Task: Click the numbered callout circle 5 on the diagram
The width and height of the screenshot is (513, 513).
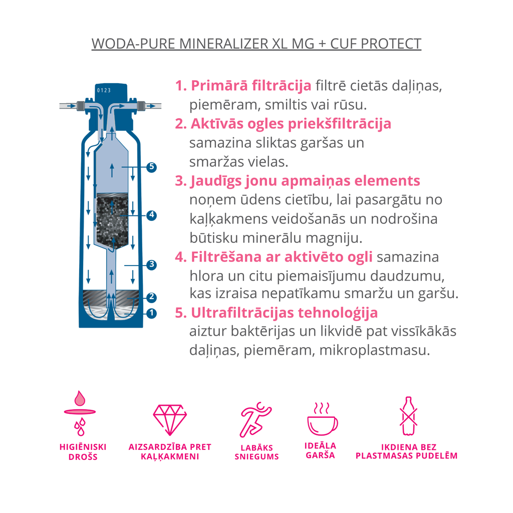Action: pos(151,167)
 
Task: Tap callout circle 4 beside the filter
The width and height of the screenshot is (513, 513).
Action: pos(151,215)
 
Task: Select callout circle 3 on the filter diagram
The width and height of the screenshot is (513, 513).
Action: pos(151,265)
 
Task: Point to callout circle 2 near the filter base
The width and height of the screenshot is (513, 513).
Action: pos(151,298)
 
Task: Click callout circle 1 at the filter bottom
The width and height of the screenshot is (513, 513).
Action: pos(151,314)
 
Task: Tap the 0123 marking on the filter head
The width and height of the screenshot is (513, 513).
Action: pos(104,90)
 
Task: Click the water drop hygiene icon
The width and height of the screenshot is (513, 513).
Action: pos(80,413)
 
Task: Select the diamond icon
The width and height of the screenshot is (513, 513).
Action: pos(170,420)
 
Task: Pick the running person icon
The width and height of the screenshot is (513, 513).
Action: pos(256,420)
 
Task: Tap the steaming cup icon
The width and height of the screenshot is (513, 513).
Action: pos(322,419)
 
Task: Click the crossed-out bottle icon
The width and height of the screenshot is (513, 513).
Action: pos(408,416)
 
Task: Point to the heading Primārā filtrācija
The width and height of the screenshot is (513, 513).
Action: pos(251,86)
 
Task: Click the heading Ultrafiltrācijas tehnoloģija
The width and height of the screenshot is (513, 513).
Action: pos(285,313)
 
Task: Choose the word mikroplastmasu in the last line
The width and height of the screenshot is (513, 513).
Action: pos(374,350)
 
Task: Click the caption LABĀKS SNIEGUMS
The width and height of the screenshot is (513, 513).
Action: pos(256,452)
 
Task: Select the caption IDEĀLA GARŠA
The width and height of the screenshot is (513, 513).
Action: pos(320,450)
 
